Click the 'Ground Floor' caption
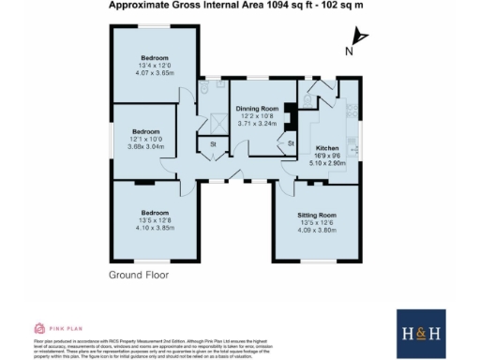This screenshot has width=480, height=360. tap(138, 276)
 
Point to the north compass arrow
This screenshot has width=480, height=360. tap(361, 37)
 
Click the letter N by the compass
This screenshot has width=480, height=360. tap(348, 52)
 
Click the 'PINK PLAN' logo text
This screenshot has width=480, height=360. tap(64, 329)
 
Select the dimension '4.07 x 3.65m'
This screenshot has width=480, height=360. tap(156, 72)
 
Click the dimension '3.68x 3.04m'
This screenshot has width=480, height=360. tap(145, 146)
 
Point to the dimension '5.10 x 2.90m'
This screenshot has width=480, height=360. tap(327, 163)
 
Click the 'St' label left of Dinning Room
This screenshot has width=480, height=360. tap(213, 144)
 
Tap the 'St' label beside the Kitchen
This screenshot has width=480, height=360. tap(291, 142)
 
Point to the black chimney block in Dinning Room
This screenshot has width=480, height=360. tap(291, 118)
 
